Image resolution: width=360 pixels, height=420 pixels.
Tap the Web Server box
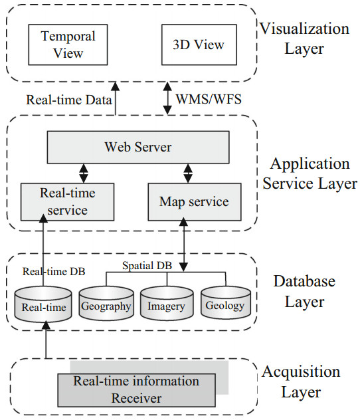tap(137, 147)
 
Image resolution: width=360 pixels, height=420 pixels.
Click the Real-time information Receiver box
tap(136, 389)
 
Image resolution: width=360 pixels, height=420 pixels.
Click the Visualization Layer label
tap(304, 38)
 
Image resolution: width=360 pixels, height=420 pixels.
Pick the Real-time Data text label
tap(64, 100)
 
